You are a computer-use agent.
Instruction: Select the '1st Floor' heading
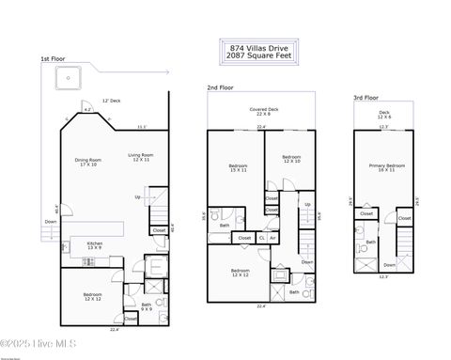pos(52,59)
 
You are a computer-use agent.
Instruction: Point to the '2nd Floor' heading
pos(220,87)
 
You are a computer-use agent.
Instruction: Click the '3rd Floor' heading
pos(365,98)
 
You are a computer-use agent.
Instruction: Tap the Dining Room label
pos(86,162)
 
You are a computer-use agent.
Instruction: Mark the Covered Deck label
pos(262,113)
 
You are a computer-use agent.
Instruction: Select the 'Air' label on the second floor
pos(272,238)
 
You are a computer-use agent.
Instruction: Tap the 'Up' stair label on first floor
pos(138,197)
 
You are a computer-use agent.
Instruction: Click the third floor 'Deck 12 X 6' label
pos(384,115)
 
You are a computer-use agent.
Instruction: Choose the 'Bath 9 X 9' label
pos(146,305)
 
